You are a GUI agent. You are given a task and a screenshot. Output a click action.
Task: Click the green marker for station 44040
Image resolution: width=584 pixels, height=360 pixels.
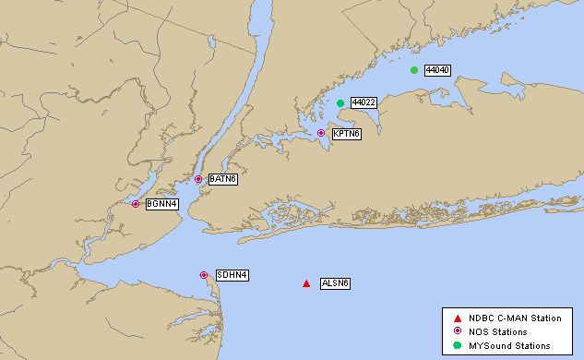(x=414, y=69)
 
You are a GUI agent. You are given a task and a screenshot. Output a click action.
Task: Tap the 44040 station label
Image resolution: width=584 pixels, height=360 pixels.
(x=436, y=70)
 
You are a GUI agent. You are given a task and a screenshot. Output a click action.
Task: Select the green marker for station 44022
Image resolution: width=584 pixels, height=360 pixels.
(x=340, y=102)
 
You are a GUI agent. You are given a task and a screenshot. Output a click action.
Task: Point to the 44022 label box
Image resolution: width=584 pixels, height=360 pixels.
(x=363, y=102)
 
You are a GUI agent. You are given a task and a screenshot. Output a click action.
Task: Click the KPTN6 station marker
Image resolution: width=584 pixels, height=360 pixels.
(x=321, y=133)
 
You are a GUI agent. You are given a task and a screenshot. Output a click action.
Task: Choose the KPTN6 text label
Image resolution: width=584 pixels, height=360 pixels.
(x=346, y=134)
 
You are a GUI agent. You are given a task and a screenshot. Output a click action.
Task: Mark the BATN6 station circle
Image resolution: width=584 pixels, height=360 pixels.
(x=198, y=179)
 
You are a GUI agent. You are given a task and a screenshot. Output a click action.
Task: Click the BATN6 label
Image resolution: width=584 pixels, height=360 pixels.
(x=222, y=179)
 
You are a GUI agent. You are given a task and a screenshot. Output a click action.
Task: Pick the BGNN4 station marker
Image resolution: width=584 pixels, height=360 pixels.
(x=136, y=204)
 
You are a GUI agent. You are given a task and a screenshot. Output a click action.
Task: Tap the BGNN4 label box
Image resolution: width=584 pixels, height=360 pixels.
(x=161, y=204)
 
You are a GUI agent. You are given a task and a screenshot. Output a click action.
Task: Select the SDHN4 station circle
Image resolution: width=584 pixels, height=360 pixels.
(x=204, y=275)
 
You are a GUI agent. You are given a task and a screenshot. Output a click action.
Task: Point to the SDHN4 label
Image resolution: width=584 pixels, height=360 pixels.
(x=232, y=275)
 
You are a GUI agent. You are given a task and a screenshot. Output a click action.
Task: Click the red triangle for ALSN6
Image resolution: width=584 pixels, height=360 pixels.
(x=306, y=283)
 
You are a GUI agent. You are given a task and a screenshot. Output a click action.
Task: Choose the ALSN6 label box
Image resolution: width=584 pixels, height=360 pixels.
(x=335, y=283)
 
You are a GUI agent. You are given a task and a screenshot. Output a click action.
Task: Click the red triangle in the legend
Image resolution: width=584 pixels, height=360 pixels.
(x=457, y=318)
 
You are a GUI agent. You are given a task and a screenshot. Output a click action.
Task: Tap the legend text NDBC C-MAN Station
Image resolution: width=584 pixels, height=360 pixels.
(x=515, y=318)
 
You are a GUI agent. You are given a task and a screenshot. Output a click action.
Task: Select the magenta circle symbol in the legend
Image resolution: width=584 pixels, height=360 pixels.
(x=457, y=331)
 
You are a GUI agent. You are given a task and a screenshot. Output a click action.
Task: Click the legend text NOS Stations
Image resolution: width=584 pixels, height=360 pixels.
(x=497, y=332)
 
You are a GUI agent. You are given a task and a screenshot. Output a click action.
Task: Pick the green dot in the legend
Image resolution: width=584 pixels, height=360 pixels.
(x=457, y=345)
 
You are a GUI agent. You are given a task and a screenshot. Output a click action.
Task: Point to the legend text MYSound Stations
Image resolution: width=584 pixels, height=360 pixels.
(x=509, y=346)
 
